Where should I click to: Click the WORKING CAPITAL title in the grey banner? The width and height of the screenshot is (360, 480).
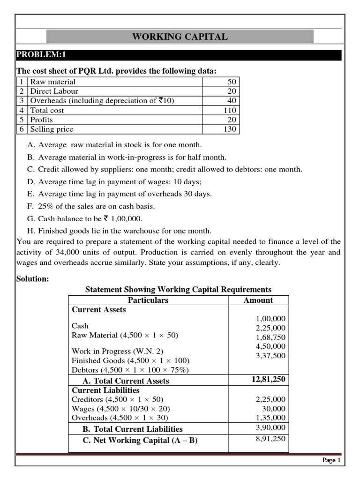[x=180, y=37]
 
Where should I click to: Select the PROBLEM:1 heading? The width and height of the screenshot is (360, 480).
[x=42, y=55]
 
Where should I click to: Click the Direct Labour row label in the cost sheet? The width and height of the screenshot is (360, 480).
[x=54, y=91]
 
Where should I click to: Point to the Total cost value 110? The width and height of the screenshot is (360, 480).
[x=230, y=110]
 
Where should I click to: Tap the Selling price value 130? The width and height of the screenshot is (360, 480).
[x=230, y=129]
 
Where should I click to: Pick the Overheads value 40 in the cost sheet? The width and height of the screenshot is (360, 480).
[x=232, y=101]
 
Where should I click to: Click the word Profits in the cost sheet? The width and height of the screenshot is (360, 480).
[x=42, y=120]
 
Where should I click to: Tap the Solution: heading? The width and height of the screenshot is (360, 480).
[x=33, y=279]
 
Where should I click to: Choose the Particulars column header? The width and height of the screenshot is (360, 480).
[x=148, y=300]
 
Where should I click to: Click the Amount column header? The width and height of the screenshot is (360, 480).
[x=258, y=300]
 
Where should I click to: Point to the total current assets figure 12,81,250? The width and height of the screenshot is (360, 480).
[x=268, y=379]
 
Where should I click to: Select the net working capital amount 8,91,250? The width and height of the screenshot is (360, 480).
[x=269, y=439]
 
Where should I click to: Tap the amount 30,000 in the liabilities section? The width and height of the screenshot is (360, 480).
[x=272, y=409]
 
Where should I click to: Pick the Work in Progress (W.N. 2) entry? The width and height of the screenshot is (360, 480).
[x=118, y=351]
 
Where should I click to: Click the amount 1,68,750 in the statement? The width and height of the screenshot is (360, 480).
[x=270, y=337]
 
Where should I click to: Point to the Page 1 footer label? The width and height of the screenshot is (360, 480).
[x=331, y=461]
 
